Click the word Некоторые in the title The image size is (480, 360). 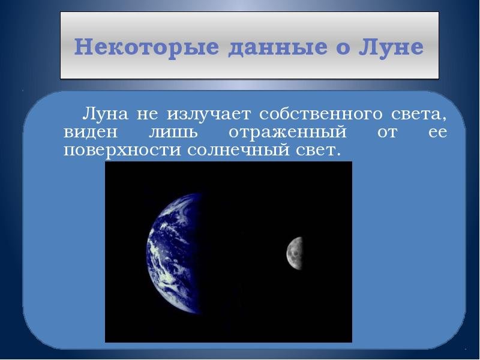146,47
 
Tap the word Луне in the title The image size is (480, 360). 391,47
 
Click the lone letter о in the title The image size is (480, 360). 343,49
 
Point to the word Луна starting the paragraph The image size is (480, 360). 104,113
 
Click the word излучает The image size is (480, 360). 209,114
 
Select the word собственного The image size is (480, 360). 321,113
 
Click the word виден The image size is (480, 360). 91,132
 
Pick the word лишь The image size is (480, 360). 173,133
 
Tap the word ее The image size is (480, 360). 437,133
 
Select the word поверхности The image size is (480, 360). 122,151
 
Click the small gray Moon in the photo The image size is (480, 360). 295,253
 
